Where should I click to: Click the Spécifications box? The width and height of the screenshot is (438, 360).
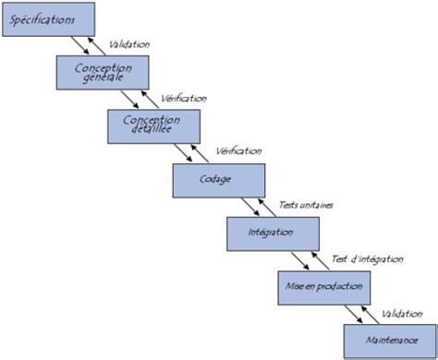click(47, 18)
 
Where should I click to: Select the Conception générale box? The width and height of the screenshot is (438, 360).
click(102, 73)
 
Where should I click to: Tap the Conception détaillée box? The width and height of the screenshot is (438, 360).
click(154, 126)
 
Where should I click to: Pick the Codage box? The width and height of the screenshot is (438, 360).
click(219, 180)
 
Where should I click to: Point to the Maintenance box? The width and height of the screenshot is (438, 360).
click(389, 341)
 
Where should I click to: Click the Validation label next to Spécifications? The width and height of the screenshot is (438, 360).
click(129, 43)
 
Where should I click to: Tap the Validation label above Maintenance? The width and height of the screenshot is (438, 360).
click(400, 313)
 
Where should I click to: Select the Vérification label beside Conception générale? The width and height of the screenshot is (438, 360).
click(184, 97)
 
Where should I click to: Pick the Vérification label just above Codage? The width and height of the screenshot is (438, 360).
click(237, 150)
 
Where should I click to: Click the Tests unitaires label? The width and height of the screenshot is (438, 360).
click(306, 205)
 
